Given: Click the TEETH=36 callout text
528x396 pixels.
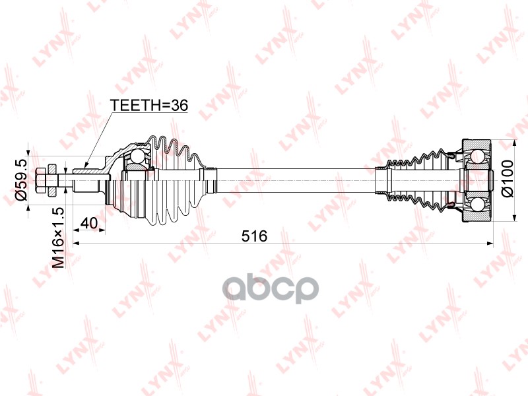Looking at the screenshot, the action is [x=149, y=106].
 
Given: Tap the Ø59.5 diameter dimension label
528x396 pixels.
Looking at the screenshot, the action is [x=21, y=180].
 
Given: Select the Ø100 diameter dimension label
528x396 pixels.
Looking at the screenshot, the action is [x=507, y=179].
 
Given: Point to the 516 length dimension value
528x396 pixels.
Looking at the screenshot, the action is [x=254, y=236].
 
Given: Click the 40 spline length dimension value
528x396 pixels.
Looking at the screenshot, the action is [x=89, y=223].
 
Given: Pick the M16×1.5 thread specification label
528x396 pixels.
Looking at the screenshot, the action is [x=58, y=238].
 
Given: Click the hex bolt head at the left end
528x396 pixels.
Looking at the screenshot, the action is [x=40, y=180].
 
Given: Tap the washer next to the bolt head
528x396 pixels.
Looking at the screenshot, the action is [x=52, y=180].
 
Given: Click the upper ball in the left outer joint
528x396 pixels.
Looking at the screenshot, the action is [x=137, y=156].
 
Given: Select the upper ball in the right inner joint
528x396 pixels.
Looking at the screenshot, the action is [x=477, y=156].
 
